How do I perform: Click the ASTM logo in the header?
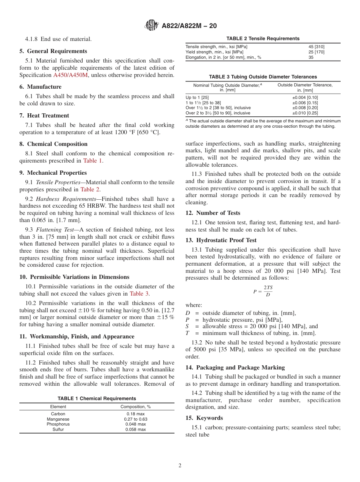coord(152,26)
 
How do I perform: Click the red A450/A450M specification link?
coord(70,75)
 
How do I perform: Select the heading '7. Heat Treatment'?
coord(44,116)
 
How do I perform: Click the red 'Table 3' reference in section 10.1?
coord(136,294)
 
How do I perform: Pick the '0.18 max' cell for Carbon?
coord(136,414)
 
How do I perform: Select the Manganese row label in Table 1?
coord(58,419)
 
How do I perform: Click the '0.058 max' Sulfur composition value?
coord(136,430)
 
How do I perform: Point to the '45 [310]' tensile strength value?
coord(317,47)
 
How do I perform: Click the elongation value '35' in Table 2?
coord(311,57)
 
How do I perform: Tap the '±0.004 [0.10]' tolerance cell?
coord(305,97)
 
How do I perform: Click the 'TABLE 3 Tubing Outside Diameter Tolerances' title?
coord(263,77)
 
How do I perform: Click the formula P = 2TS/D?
coord(263,291)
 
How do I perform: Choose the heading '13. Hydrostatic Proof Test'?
coord(221,240)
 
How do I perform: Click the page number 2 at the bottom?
coord(180,466)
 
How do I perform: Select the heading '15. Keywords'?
coord(204,418)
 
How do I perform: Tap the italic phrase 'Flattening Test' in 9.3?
coord(54,229)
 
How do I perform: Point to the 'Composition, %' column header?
coord(136,407)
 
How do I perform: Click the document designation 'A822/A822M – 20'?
coord(189,26)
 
